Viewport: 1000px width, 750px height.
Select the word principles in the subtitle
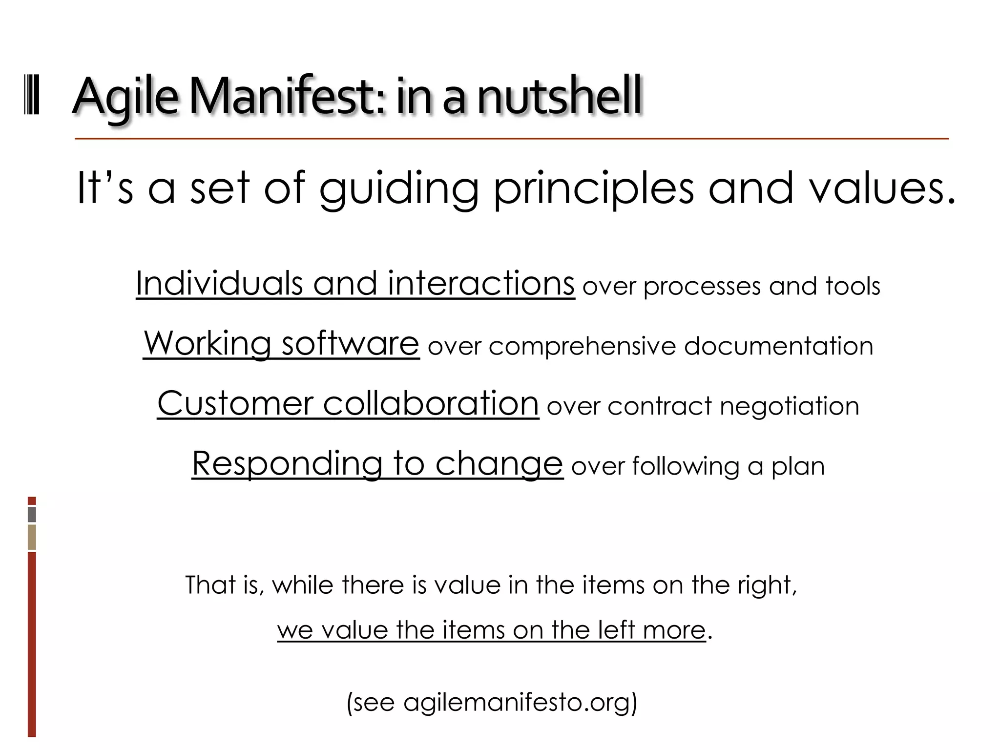pos(593,189)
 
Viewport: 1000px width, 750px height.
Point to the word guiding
pos(398,189)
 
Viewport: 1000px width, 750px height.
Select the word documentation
pos(778,346)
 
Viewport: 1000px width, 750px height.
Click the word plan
pos(798,466)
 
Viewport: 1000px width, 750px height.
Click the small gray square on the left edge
pos(32,515)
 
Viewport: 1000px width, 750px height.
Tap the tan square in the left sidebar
pos(32,537)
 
